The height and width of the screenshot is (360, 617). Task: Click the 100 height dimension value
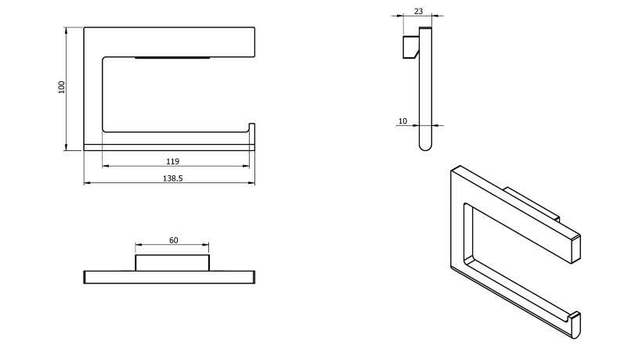61,87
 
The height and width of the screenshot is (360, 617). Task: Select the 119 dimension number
173,161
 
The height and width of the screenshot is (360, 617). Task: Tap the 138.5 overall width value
173,178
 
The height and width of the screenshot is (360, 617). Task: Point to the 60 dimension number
174,240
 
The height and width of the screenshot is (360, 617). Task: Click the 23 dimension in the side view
418,12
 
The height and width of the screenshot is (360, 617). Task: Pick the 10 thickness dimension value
402,121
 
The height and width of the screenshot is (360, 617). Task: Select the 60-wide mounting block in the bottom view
172,263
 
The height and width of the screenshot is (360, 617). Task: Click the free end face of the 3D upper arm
576,249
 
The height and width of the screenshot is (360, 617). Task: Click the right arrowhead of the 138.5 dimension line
251,182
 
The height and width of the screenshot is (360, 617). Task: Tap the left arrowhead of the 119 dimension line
106,166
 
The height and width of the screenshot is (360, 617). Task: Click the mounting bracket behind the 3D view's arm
532,204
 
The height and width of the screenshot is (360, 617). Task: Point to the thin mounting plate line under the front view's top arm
172,58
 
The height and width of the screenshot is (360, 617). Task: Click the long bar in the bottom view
169,277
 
